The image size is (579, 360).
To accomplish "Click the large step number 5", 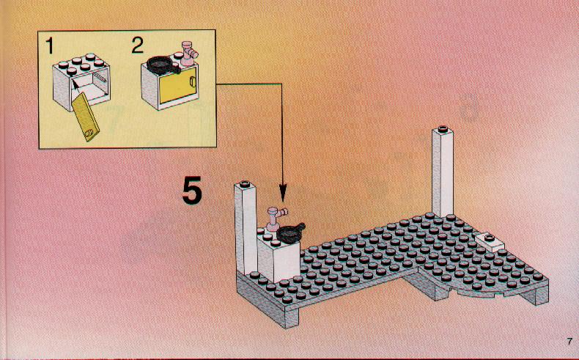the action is click(192, 190).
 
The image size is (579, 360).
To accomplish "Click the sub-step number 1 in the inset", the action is click(50, 46).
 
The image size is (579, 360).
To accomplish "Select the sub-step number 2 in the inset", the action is click(137, 45).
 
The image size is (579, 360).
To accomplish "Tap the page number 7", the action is click(569, 342).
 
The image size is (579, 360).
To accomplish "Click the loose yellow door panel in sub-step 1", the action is click(86, 117).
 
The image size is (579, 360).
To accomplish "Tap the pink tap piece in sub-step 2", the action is click(189, 54).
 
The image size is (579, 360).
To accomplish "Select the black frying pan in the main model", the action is click(290, 232).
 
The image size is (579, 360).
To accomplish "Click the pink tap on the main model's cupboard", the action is click(276, 218).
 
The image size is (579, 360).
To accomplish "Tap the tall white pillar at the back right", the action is click(443, 172).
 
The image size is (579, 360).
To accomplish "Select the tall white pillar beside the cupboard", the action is click(246, 228).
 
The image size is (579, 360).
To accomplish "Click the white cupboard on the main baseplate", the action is click(278, 258).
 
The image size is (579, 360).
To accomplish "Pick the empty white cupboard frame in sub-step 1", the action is click(81, 81).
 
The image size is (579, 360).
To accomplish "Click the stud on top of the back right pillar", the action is click(443, 129).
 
